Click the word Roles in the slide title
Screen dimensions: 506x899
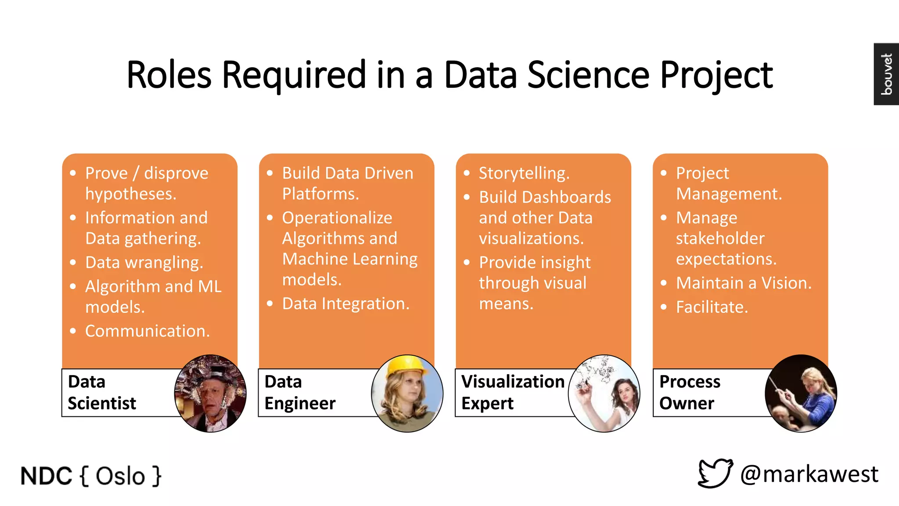pos(169,75)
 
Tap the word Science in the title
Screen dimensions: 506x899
pos(588,75)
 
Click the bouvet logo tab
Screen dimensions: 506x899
pos(886,74)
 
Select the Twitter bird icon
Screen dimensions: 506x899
pos(715,473)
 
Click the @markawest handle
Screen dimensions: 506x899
pos(809,474)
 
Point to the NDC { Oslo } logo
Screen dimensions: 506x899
pos(91,476)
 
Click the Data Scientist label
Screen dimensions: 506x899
pos(102,392)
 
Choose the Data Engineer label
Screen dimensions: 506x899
pos(300,392)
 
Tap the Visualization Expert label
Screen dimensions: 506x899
pos(512,392)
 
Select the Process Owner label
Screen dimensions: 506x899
pos(690,392)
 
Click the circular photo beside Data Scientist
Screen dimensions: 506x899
pos(210,394)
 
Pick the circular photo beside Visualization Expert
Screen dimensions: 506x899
pos(604,394)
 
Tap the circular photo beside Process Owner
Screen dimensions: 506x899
pos(801,394)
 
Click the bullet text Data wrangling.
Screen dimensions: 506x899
pos(144,262)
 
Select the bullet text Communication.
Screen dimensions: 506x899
pos(147,331)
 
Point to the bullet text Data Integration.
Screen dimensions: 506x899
pos(345,304)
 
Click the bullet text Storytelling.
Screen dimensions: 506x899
pos(524,173)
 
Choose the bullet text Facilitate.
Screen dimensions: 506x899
pos(712,307)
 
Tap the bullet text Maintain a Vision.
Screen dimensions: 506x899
pos(744,283)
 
